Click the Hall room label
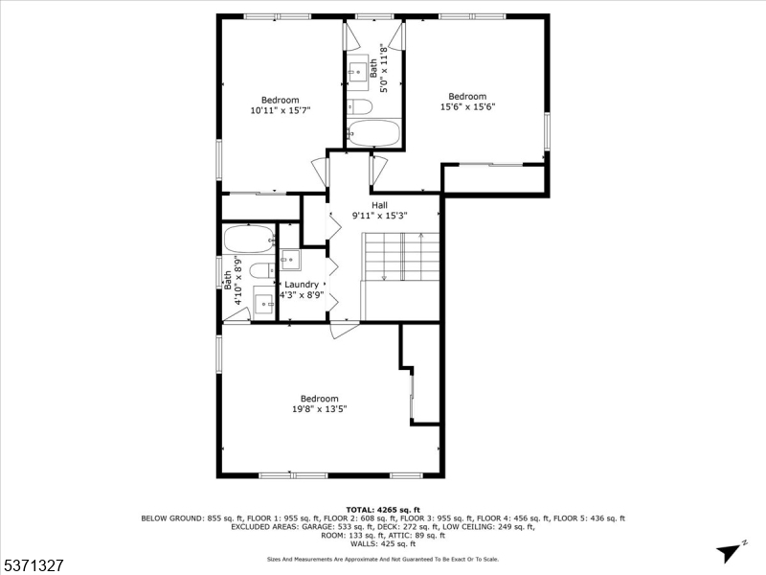pyautogui.click(x=380, y=205)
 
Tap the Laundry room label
pyautogui.click(x=302, y=285)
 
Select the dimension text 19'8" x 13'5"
pyautogui.click(x=319, y=409)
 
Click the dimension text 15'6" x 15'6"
pyautogui.click(x=467, y=107)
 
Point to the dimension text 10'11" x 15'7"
pyautogui.click(x=281, y=111)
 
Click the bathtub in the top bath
pyautogui.click(x=373, y=132)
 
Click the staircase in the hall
pyautogui.click(x=399, y=256)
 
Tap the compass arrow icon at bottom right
pyautogui.click(x=730, y=550)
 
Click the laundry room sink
pyautogui.click(x=290, y=260)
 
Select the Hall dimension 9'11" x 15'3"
pyautogui.click(x=380, y=216)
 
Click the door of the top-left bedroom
pyautogui.click(x=322, y=172)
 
